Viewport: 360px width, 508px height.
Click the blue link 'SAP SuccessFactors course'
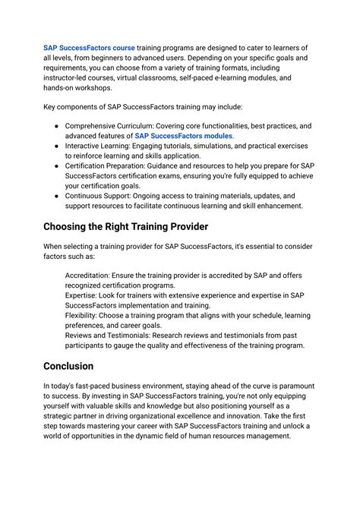point(89,48)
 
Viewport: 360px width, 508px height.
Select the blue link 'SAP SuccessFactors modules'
point(184,136)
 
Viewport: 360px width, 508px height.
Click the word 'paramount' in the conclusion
point(290,386)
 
